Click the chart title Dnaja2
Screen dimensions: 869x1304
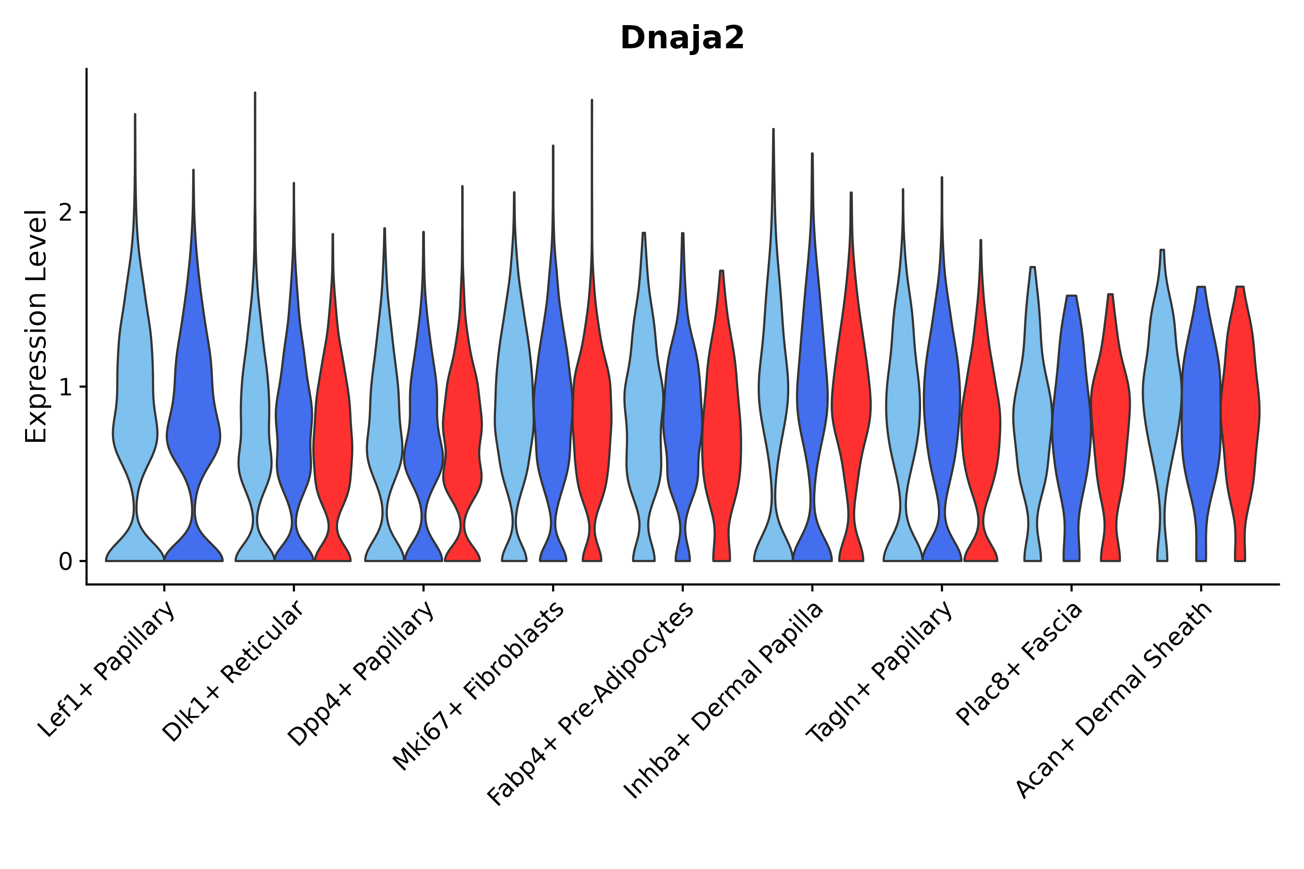click(x=682, y=38)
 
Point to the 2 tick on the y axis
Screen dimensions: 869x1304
click(x=65, y=213)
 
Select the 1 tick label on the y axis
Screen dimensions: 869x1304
click(x=65, y=387)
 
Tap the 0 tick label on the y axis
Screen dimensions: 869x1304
click(x=65, y=562)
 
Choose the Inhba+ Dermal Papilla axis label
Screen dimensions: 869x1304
click(x=724, y=701)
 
